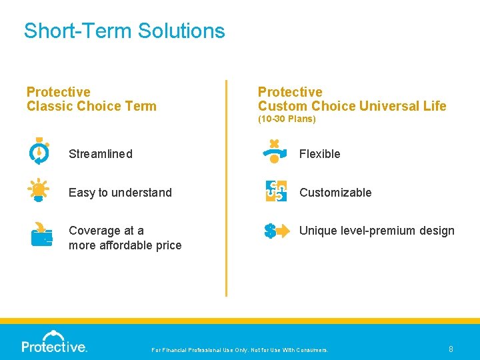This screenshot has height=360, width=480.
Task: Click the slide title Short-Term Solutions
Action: (124, 31)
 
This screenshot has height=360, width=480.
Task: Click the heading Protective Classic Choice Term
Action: (91, 99)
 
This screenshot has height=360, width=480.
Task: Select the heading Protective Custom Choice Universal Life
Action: (351, 99)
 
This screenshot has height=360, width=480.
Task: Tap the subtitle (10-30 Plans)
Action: (287, 119)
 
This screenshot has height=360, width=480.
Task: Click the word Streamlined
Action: (100, 154)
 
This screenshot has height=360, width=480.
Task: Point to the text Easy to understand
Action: (120, 193)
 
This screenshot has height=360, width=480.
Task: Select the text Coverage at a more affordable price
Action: (125, 238)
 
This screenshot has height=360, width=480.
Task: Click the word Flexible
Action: (319, 154)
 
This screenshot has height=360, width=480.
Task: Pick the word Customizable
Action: (335, 193)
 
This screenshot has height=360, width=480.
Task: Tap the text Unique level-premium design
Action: (377, 231)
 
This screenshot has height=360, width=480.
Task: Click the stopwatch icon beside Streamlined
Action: (39, 151)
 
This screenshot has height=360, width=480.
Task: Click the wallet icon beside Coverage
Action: (41, 234)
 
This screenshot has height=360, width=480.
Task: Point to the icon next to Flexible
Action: (274, 151)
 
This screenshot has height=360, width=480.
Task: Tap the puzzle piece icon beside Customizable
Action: (276, 191)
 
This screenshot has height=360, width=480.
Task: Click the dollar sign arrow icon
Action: (276, 231)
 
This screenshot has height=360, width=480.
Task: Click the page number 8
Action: (451, 349)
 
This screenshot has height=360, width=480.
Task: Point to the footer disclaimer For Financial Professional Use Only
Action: (240, 350)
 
